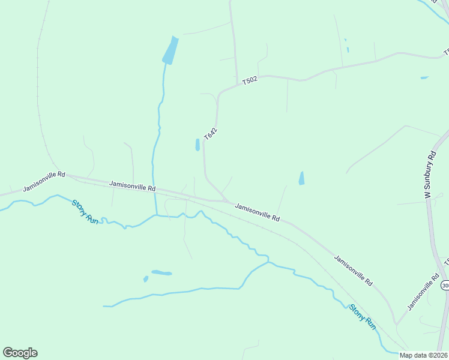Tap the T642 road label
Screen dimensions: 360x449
[x=210, y=134]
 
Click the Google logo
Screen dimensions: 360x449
[x=20, y=353]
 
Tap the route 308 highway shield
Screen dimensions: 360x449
[x=445, y=284]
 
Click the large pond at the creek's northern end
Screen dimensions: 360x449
[x=171, y=51]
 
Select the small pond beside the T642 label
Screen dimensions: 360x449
[x=197, y=145]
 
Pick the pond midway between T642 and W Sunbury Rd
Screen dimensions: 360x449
[x=301, y=178]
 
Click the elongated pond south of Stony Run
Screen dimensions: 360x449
[x=161, y=273]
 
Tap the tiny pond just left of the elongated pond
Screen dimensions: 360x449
[x=146, y=279]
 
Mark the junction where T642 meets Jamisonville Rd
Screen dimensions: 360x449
[x=225, y=200]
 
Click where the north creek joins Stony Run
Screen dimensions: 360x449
[x=157, y=215]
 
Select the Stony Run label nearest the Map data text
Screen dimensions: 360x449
[x=363, y=317]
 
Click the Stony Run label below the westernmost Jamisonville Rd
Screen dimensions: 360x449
[x=85, y=212]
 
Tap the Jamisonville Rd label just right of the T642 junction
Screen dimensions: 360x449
[x=258, y=212]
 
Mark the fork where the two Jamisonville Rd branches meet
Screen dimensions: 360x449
[x=396, y=325]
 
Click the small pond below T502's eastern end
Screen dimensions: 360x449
[x=424, y=77]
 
